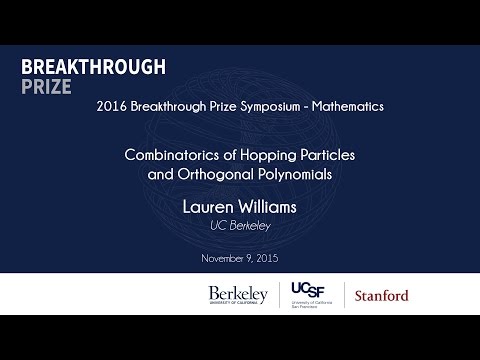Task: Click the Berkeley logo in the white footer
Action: tap(238, 295)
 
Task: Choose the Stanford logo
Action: tap(381, 296)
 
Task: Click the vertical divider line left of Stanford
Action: tap(345, 295)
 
